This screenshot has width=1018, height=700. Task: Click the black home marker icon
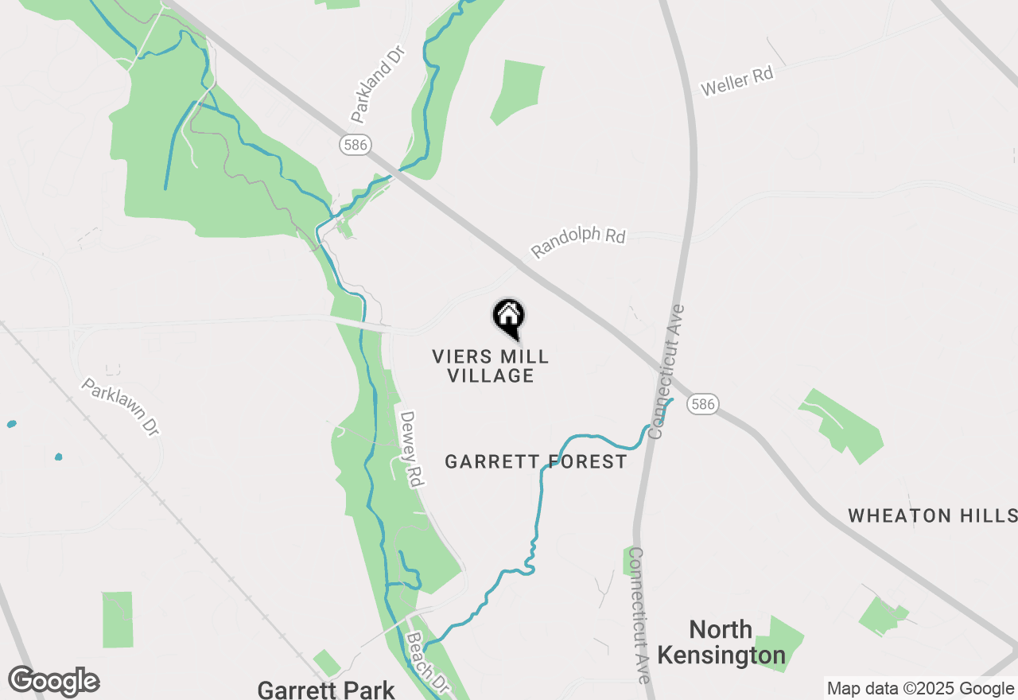coord(508,317)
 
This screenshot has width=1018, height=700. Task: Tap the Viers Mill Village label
coord(491,366)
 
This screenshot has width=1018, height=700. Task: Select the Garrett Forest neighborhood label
coord(535,462)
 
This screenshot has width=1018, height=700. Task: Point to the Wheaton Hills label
coord(932,515)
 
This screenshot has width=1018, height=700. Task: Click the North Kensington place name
coord(721,643)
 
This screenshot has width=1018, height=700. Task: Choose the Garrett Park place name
coord(326,689)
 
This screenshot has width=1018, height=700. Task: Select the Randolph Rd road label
coord(578,243)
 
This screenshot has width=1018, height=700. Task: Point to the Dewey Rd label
coord(410,449)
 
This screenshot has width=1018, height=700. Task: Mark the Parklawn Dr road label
coord(121,406)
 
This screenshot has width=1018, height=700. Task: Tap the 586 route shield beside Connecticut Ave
coord(703,404)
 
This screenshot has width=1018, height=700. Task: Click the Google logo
coord(54,682)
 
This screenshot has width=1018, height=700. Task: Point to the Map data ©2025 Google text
coord(920,689)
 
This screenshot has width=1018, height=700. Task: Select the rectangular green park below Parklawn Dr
coord(118,619)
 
